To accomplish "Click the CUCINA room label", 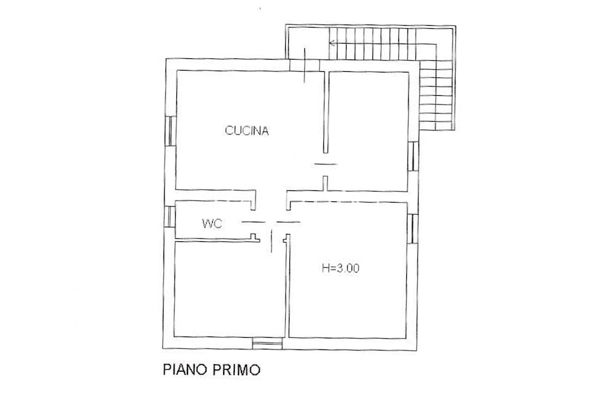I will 247,130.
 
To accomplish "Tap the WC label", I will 212,224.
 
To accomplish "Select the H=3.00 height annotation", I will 341,268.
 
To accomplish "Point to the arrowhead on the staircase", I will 332,43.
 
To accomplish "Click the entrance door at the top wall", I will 305,66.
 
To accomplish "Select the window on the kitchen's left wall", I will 169,130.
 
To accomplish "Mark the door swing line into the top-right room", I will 326,164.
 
